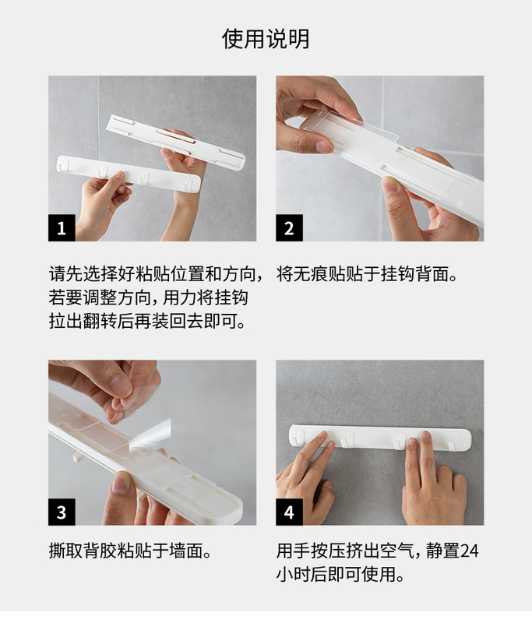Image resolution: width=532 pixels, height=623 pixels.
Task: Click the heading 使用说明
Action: tap(266, 39)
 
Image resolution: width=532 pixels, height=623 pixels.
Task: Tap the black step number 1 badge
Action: tap(62, 227)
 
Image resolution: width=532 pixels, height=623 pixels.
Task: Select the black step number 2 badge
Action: tap(289, 227)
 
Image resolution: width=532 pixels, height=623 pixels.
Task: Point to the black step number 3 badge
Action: tap(62, 512)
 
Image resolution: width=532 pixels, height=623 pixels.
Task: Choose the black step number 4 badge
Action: tap(289, 512)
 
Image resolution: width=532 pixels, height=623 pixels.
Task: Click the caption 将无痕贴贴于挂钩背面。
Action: tap(367, 274)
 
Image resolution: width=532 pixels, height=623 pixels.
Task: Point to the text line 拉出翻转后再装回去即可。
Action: tap(147, 321)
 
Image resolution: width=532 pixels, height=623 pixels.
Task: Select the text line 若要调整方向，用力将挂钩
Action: tap(149, 297)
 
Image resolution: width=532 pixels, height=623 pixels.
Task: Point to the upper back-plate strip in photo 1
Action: tap(176, 143)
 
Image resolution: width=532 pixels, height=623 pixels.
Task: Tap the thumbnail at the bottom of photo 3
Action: tap(122, 482)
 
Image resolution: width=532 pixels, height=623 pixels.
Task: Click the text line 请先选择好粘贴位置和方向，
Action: tap(156, 274)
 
